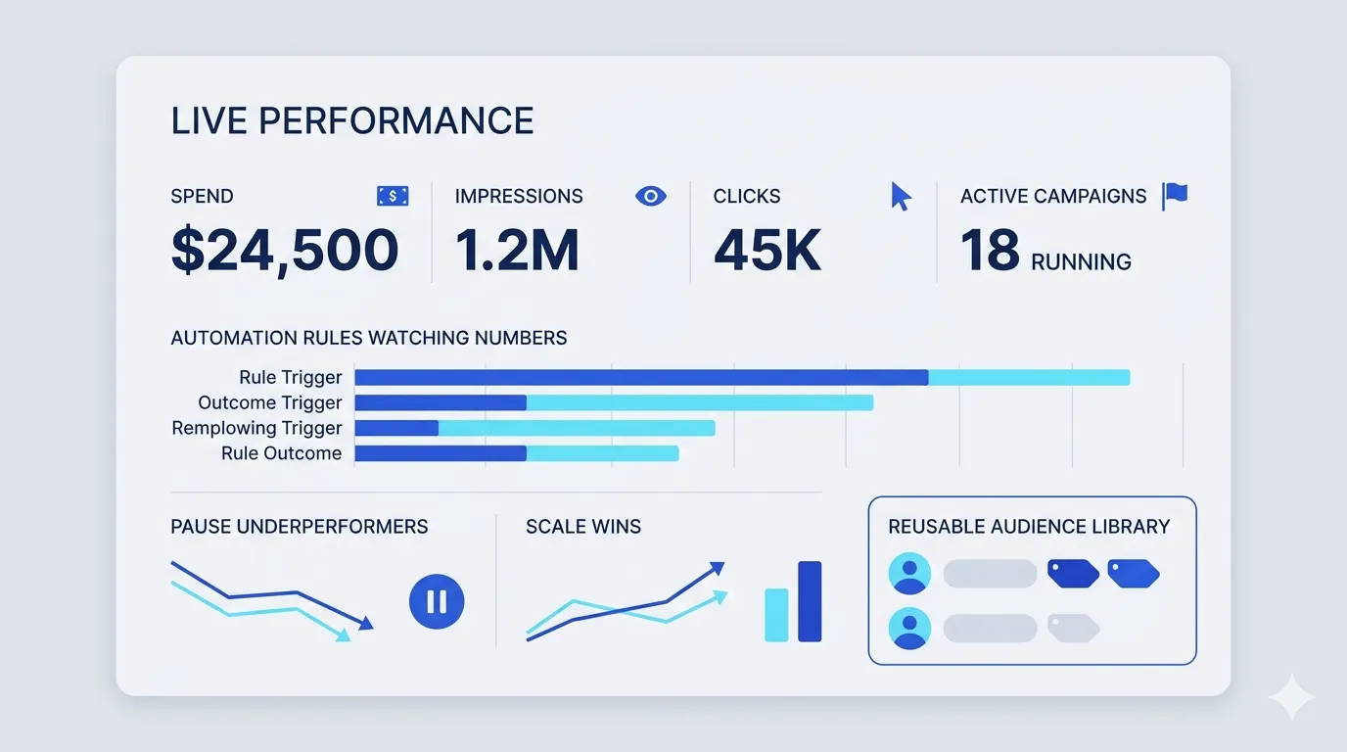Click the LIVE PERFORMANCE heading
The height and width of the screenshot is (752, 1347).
coord(352,120)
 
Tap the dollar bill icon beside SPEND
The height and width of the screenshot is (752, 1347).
coord(393,196)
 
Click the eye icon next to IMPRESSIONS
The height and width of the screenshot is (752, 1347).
coord(651,196)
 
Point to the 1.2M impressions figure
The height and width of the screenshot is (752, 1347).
coord(517,250)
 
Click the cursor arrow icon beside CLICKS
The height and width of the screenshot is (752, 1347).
coord(901,196)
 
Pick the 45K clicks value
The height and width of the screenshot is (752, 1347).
coord(766,250)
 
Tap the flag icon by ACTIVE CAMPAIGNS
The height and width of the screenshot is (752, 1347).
coord(1175,196)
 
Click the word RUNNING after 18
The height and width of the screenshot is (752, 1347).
coord(1081,262)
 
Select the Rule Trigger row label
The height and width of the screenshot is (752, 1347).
coord(291,377)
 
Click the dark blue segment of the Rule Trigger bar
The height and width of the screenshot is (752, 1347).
coord(641,378)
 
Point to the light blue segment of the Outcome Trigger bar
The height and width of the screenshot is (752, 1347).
coord(700,403)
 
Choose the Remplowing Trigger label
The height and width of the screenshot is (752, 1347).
coord(256,428)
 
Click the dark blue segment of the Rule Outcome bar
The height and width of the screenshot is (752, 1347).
coord(441,453)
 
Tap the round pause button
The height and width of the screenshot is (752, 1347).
coord(437,601)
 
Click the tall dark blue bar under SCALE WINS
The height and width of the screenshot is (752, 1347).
coord(810,601)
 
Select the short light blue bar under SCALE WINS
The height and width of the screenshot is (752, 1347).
coord(776,615)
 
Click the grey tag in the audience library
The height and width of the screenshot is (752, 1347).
coord(1073,629)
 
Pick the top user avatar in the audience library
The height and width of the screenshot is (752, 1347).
coord(909,574)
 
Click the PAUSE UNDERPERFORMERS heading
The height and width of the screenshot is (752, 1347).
coord(300,527)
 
